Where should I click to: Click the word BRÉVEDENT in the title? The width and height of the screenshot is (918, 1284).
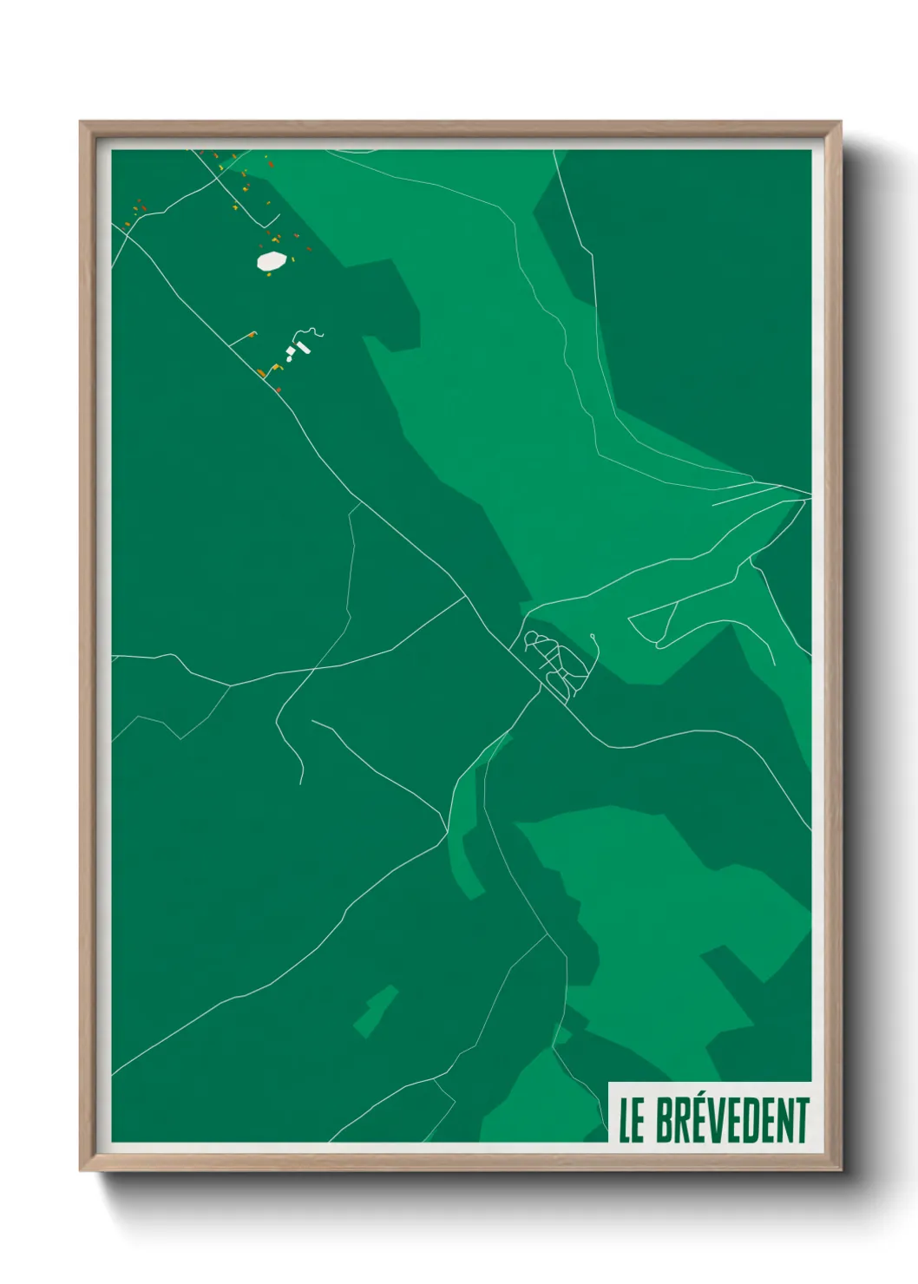732,1120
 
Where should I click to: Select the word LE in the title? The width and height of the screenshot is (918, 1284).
632,1120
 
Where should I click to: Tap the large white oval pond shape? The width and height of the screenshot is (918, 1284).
272,260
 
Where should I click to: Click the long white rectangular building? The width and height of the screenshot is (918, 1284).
303,348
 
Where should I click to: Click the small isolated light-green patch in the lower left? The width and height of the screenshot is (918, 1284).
375,1011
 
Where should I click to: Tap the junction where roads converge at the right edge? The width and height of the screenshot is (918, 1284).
807,496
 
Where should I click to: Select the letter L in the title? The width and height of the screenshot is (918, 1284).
625,1120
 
